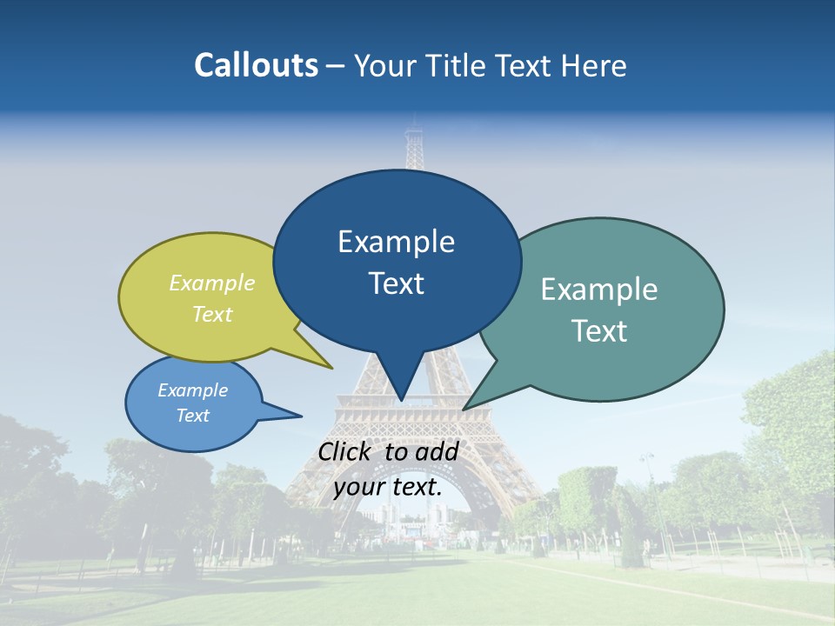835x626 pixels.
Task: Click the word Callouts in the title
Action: pos(256,65)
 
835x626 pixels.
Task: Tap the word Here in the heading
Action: pos(594,65)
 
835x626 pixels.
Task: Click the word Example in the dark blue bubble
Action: pos(396,242)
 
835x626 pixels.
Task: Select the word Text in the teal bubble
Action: pos(598,331)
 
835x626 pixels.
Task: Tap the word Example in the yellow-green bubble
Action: pos(212,283)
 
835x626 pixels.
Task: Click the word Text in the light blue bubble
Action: pos(192,416)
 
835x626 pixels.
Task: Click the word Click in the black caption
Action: pos(347,451)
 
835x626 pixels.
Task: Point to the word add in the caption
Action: pos(437,451)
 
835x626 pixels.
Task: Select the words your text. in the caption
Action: pos(388,487)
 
